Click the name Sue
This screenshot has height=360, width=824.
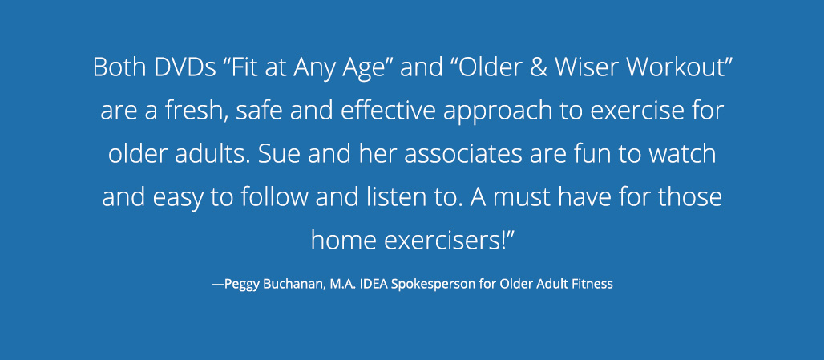(x=278, y=154)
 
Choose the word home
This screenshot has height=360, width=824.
(x=344, y=241)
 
